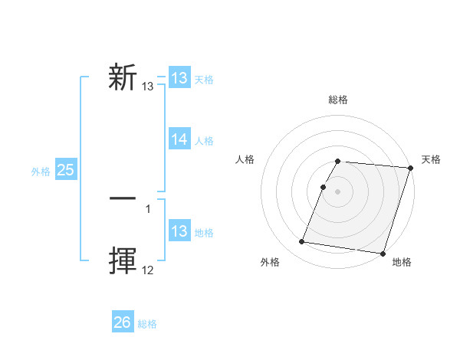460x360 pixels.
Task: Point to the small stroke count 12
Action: click(148, 270)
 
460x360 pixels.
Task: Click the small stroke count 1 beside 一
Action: click(148, 208)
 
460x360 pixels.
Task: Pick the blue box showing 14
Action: click(179, 139)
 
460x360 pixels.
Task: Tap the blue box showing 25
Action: click(66, 170)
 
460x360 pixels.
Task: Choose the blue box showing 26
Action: click(122, 322)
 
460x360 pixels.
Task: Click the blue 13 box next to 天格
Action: click(179, 78)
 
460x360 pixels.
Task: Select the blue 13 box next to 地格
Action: click(179, 231)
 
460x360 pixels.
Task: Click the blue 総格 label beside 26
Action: click(147, 324)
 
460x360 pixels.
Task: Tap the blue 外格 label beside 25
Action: click(41, 172)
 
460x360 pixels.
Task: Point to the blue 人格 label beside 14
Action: click(204, 141)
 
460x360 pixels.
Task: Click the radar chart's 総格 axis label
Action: click(338, 100)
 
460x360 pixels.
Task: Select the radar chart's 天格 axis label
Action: click(431, 159)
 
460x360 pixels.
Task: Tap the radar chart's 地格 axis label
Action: click(402, 263)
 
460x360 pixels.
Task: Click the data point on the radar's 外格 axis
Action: click(301, 242)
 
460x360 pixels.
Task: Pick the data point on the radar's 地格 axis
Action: click(383, 253)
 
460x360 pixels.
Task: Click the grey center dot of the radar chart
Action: click(338, 191)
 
